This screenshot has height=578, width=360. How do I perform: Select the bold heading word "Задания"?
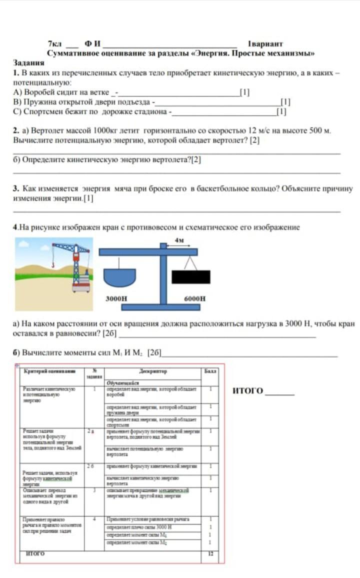[28, 63]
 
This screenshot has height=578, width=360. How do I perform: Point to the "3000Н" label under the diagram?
[116, 298]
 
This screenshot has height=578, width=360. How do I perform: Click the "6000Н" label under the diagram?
[195, 298]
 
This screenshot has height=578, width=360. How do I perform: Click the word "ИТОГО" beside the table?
[248, 390]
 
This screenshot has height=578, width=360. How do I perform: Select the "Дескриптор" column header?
[153, 371]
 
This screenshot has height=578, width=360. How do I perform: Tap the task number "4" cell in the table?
[94, 519]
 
